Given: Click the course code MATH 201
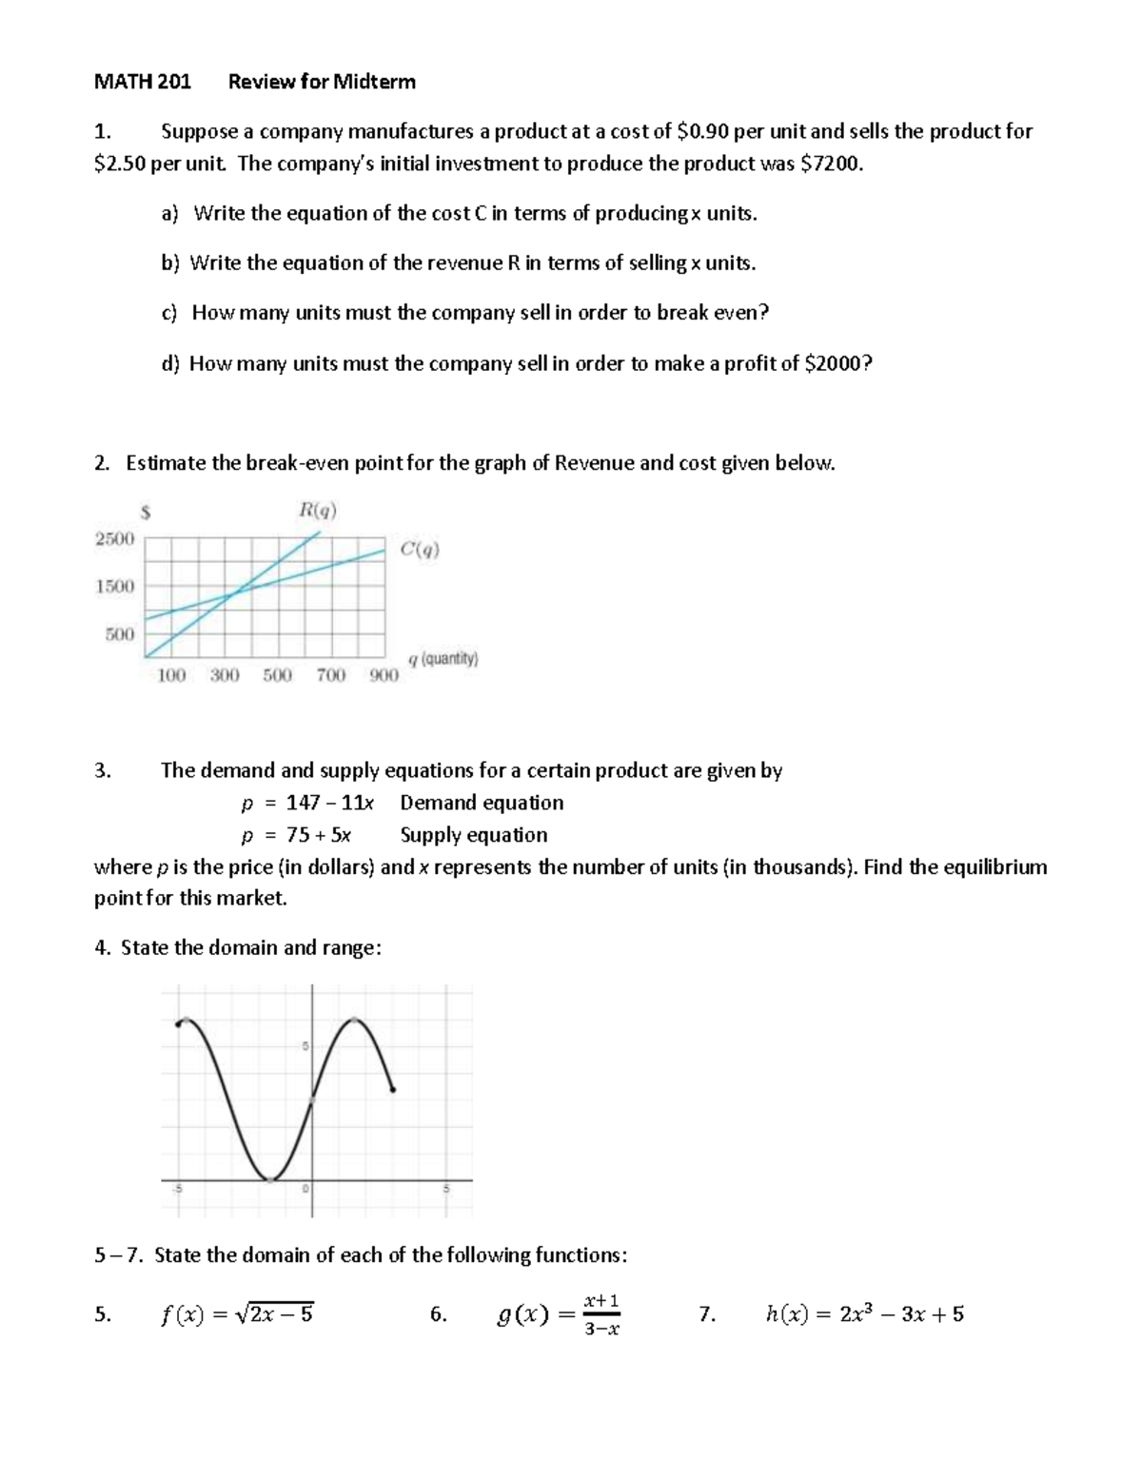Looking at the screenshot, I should (x=143, y=82).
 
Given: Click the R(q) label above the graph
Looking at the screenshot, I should (x=317, y=511).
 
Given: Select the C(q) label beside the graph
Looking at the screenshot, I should (x=420, y=549).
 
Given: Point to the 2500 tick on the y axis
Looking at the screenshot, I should (x=114, y=538).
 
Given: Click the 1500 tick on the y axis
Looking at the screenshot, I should (x=114, y=586).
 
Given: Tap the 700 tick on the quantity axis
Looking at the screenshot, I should (x=330, y=675).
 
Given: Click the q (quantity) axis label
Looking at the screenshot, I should (x=443, y=658).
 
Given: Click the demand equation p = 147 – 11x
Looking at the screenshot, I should (x=306, y=803).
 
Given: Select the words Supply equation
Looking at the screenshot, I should (x=473, y=835).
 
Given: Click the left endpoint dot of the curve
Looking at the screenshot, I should (x=179, y=1024).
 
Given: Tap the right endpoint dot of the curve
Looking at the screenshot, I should (x=393, y=1090).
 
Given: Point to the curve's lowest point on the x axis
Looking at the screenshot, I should (x=270, y=1179).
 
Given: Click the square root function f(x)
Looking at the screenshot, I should (x=237, y=1314).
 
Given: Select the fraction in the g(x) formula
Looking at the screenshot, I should (x=601, y=1314).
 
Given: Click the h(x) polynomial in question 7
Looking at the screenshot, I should (x=864, y=1314).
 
